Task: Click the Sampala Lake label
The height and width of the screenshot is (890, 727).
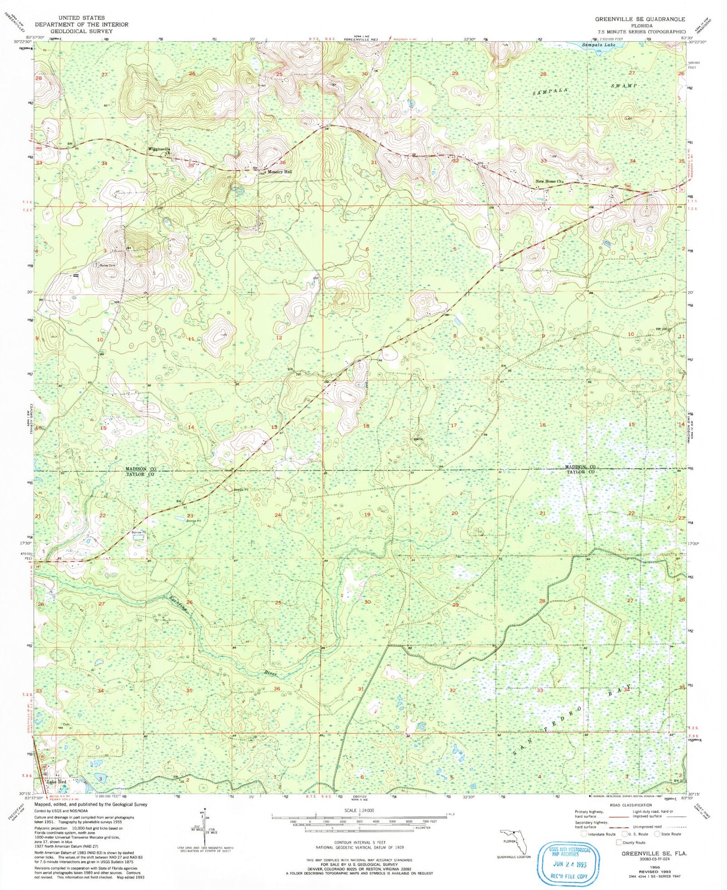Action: click(x=598, y=45)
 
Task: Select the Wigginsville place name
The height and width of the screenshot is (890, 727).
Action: click(x=158, y=150)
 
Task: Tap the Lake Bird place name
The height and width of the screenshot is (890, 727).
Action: click(x=56, y=782)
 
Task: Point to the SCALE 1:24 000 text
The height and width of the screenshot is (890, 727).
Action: click(x=359, y=810)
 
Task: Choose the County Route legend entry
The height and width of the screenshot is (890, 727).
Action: click(x=632, y=842)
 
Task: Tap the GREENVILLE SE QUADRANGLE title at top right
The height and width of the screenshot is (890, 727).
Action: click(x=639, y=19)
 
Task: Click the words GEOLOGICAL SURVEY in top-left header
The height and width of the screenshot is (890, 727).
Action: click(x=81, y=31)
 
